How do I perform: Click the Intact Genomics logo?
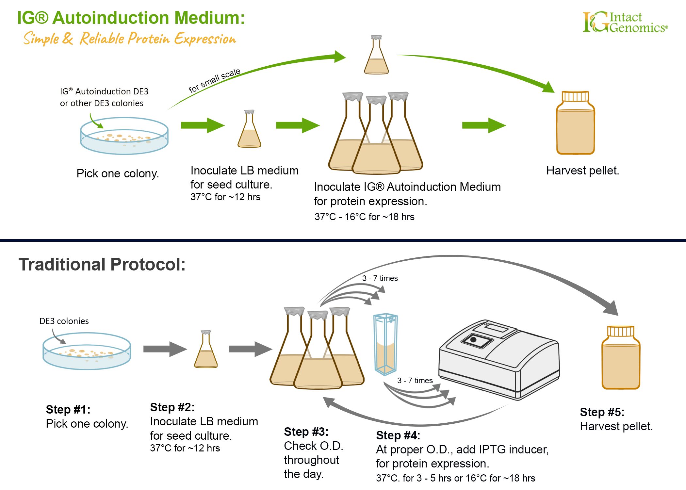[x=625, y=22]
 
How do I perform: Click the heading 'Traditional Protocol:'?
[x=102, y=264]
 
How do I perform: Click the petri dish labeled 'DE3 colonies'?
[x=87, y=351]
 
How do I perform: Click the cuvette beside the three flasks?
[x=385, y=344]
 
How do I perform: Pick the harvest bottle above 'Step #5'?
[x=621, y=357]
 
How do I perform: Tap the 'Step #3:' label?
[x=306, y=432]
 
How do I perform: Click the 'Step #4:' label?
[x=398, y=435]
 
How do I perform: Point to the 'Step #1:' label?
[x=68, y=410]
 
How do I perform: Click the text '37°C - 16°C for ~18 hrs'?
[x=364, y=217]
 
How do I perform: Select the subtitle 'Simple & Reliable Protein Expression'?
[x=129, y=39]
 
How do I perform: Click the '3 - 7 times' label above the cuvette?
[x=380, y=278]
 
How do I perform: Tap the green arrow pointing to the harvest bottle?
[x=483, y=125]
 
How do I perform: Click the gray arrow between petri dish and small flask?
[x=165, y=349]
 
